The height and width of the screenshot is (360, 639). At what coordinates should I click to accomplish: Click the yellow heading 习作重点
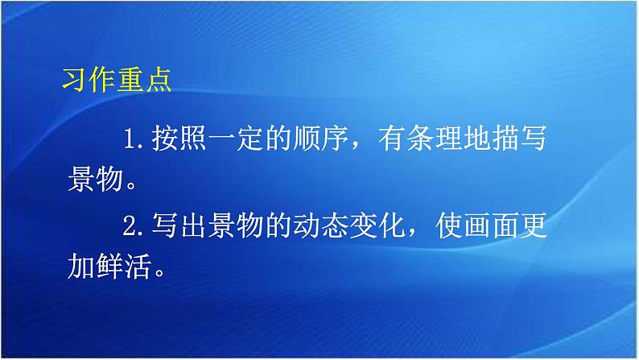tap(117, 81)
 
